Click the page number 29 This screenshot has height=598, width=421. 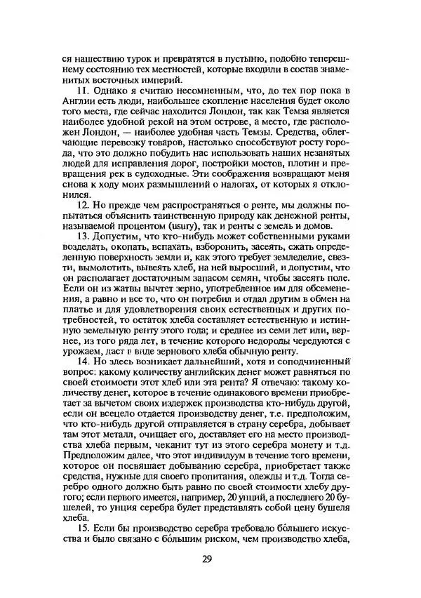tap(206, 559)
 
